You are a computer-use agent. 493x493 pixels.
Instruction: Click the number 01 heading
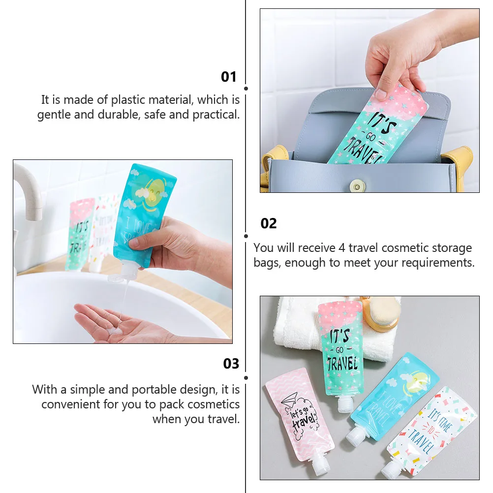(229, 77)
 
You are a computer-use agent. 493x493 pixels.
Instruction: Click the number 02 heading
(269, 223)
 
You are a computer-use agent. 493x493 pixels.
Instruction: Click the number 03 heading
(231, 364)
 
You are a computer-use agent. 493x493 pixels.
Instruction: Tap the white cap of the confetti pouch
(391, 471)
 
